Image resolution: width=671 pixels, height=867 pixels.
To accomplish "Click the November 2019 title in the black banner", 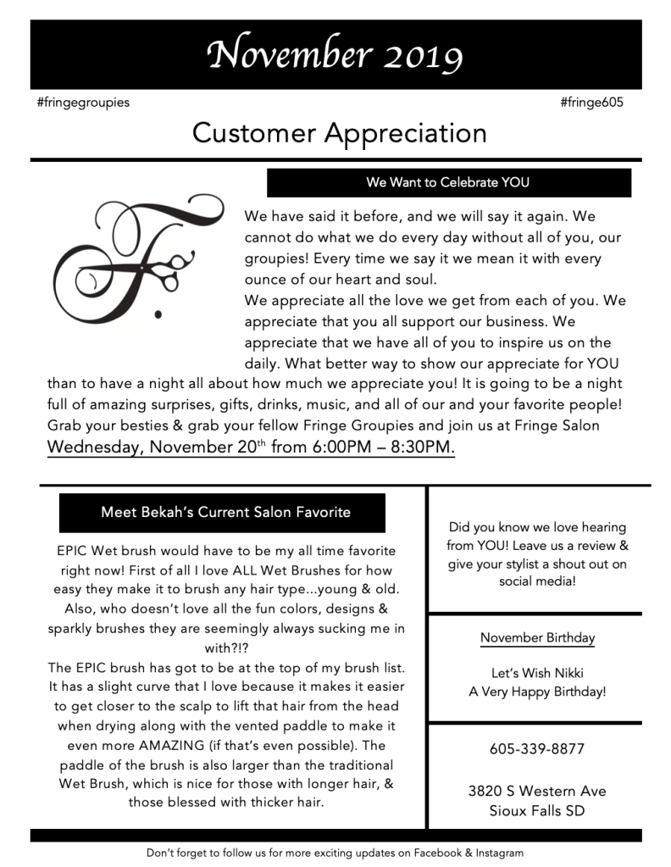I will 335,55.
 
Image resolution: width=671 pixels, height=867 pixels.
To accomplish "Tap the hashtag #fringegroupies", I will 83,103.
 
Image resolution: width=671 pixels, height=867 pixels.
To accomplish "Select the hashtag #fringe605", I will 591,103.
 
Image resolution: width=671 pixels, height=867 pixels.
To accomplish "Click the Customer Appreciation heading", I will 339,133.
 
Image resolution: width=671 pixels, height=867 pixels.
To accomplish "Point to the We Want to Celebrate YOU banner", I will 448,182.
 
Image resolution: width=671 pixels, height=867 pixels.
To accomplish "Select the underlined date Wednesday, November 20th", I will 157,447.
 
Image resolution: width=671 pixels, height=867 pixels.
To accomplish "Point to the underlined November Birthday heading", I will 537,637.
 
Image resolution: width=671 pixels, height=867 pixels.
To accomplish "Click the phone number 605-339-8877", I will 537,749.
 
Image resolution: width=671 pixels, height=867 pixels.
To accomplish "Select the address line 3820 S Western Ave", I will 537,791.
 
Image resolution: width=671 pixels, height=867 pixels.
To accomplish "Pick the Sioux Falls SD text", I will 537,810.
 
